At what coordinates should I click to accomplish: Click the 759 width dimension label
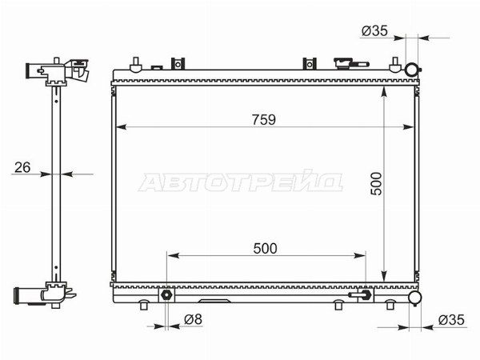pyautogui.click(x=264, y=120)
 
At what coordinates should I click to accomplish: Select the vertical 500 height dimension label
pyautogui.click(x=376, y=184)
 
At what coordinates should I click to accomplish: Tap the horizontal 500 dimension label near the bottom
pyautogui.click(x=265, y=249)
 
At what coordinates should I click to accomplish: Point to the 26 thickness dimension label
pyautogui.click(x=22, y=167)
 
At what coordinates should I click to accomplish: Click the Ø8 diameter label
pyautogui.click(x=193, y=319)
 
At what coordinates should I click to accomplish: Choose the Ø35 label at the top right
pyautogui.click(x=374, y=30)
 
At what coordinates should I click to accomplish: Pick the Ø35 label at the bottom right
pyautogui.click(x=451, y=320)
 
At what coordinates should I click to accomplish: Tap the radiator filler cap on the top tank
pyautogui.click(x=343, y=63)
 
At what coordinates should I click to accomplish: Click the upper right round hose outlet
pyautogui.click(x=412, y=70)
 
